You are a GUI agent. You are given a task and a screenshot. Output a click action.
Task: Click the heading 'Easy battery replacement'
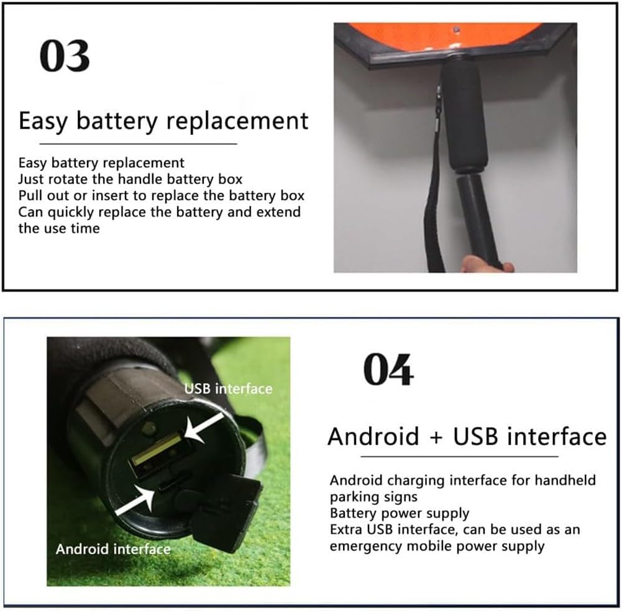tap(163, 120)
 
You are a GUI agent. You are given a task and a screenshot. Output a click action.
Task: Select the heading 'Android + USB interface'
tap(467, 436)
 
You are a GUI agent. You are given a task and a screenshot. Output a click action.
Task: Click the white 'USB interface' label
tap(228, 388)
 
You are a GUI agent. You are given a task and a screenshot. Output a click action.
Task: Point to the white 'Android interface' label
tap(112, 549)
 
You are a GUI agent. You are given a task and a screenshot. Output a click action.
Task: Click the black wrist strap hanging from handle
tap(434, 205)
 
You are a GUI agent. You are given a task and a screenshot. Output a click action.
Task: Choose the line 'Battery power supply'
tap(400, 513)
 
